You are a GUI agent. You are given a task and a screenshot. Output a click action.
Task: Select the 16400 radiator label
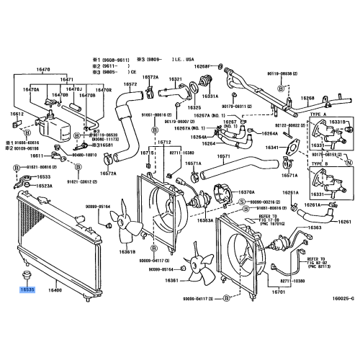[55, 289]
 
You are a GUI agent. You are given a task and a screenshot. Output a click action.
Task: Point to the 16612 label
[17, 114]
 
